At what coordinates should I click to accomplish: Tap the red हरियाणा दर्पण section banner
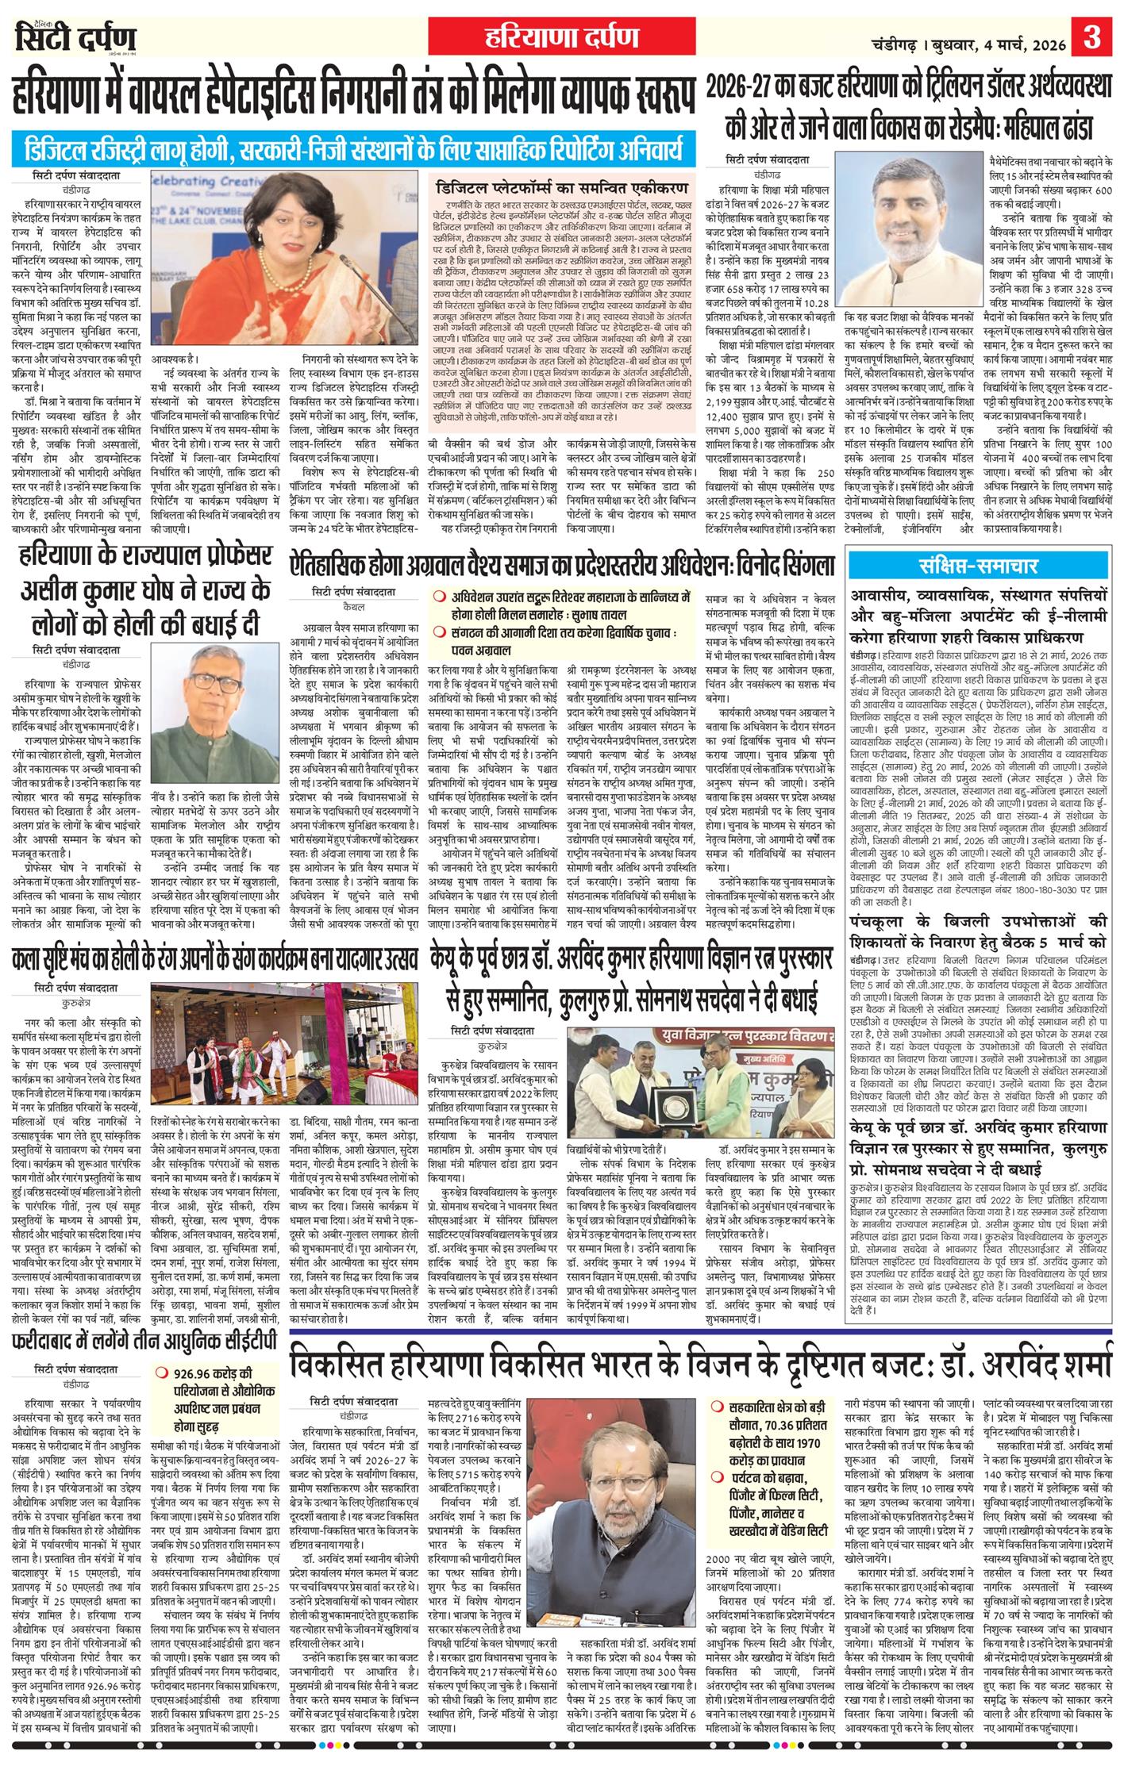point(561,36)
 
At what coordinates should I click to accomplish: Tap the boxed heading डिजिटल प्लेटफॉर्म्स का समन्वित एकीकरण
point(563,190)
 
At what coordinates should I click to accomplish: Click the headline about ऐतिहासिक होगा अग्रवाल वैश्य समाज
point(563,566)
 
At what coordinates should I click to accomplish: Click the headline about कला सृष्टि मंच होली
point(214,960)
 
